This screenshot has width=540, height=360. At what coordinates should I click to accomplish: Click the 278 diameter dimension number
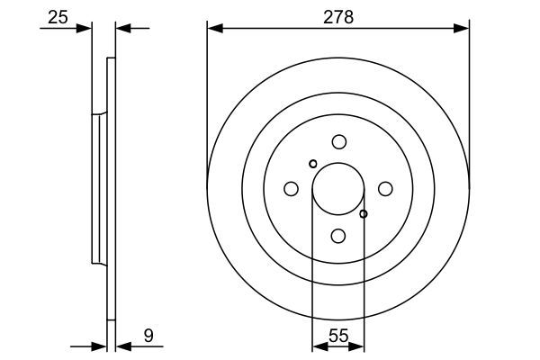[x=337, y=16]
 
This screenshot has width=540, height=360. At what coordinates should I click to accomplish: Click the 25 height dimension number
[x=57, y=16]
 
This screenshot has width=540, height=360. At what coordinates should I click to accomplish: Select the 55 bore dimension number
[x=337, y=336]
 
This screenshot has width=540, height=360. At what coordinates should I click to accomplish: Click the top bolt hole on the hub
[x=338, y=141]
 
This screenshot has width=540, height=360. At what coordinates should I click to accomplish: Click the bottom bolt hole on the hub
[x=338, y=236]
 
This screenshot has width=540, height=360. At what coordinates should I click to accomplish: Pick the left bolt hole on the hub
[x=291, y=189]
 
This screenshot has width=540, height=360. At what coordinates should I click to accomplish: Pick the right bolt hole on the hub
[x=385, y=189]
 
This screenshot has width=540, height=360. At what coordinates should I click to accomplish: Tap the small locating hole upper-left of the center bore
[x=313, y=164]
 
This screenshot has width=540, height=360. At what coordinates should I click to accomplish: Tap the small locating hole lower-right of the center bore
[x=364, y=214]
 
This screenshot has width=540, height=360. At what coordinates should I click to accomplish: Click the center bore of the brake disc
[x=337, y=189]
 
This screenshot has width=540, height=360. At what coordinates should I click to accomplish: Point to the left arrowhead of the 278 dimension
[x=213, y=28]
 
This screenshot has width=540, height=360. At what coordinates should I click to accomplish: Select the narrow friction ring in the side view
[x=112, y=189]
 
